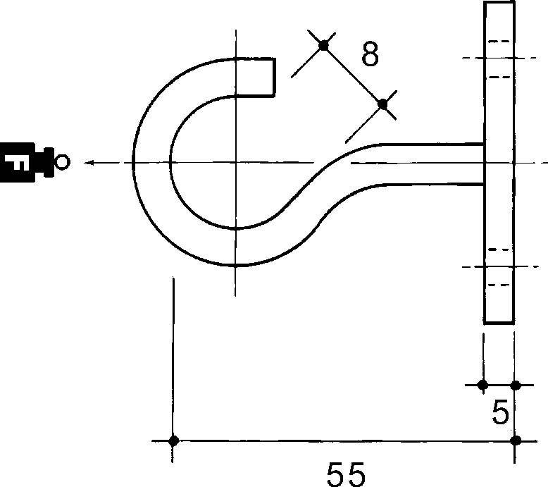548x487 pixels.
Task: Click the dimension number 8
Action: pos(370,54)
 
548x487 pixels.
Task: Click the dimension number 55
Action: pos(345,473)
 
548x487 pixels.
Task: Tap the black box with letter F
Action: pos(19,163)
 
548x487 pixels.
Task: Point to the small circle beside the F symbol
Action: pos(62,163)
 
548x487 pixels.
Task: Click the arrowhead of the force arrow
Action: pos(88,163)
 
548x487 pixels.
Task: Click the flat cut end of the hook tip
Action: pos(273,77)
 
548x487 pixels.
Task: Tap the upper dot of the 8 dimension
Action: pos(323,46)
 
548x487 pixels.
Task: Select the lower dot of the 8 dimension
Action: pos(382,104)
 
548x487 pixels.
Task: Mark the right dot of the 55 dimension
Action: pos(516,441)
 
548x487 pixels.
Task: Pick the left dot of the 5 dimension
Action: pos(483,385)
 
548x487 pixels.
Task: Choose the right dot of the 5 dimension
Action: pos(516,385)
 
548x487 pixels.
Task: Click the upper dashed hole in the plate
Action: pos(499,58)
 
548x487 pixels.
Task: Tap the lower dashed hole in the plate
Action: pos(499,267)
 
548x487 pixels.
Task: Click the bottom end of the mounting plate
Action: pos(499,322)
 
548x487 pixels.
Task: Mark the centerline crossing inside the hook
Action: pos(236,163)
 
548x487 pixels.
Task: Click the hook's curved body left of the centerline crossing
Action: pos(151,163)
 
